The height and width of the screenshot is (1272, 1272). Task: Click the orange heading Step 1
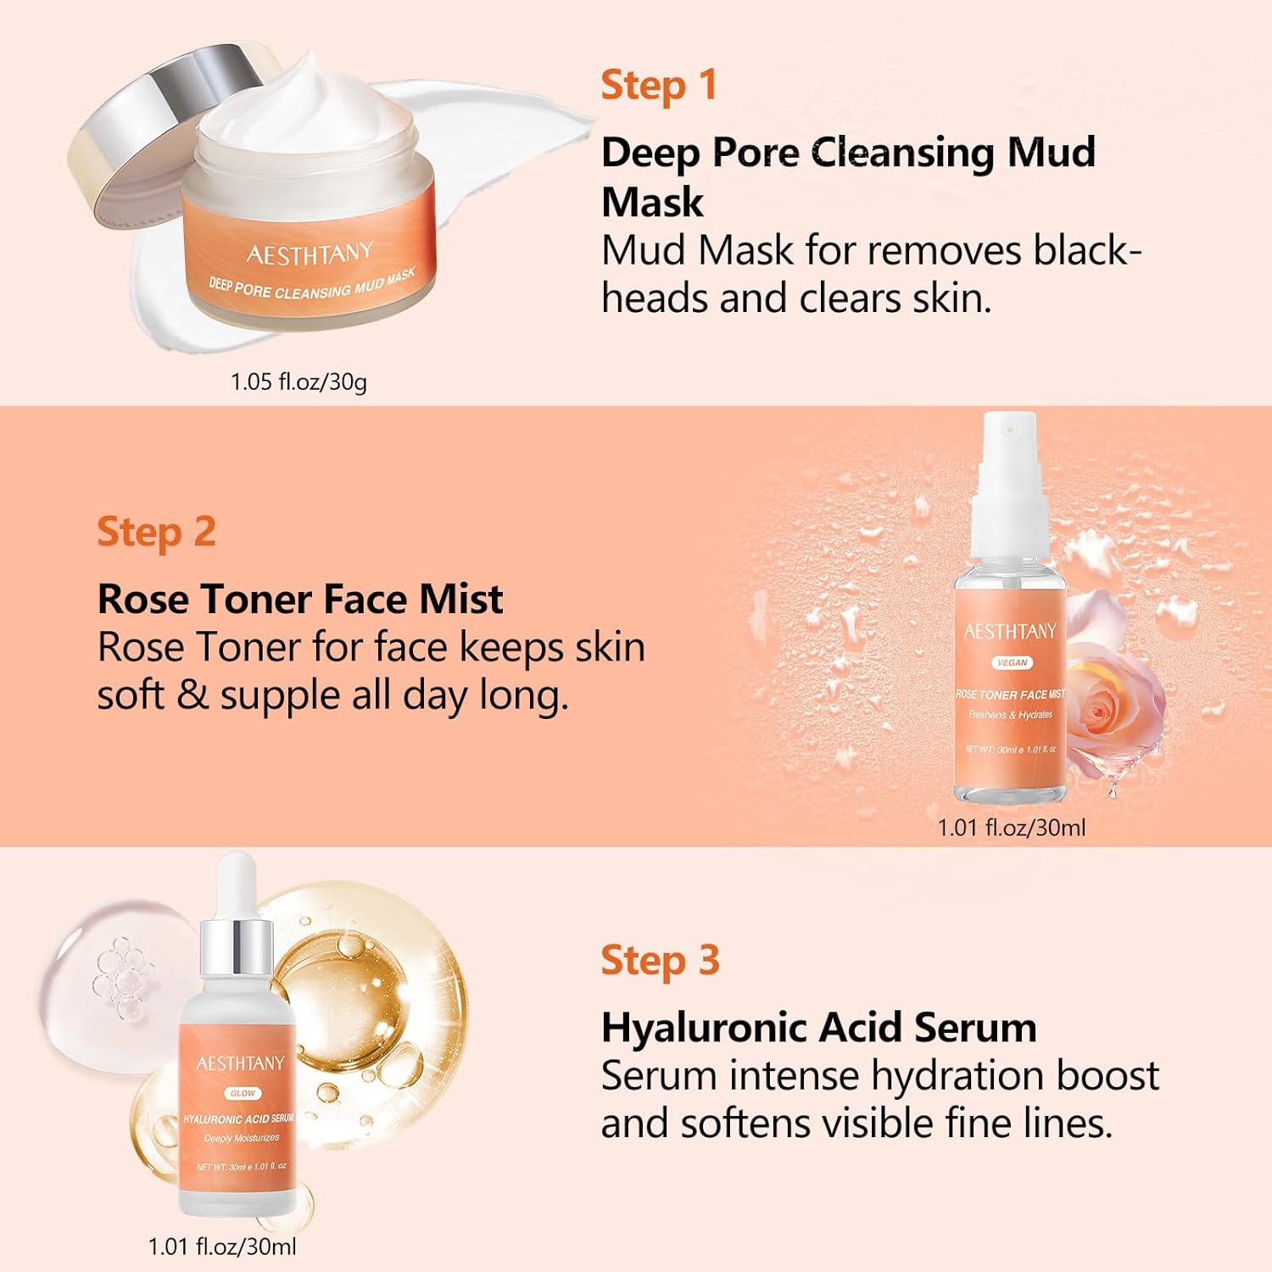point(658,86)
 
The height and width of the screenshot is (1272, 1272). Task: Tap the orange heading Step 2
point(156,533)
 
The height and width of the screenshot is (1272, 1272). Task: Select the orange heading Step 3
point(660,961)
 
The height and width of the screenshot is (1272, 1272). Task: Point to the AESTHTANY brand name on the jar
point(310,253)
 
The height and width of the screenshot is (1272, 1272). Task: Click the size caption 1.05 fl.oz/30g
point(298,382)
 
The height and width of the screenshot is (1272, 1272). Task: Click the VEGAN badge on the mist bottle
point(1013,662)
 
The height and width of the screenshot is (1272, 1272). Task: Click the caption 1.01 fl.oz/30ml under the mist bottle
point(1011,828)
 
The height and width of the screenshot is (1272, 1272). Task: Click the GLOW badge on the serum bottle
point(243,1093)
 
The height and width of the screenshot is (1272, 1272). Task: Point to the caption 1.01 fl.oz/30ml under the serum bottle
point(222,1247)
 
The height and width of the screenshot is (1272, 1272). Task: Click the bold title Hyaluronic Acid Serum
point(818,1028)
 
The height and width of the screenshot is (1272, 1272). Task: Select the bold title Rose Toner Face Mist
point(300,600)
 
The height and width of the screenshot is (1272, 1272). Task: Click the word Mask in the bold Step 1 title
point(652,202)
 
